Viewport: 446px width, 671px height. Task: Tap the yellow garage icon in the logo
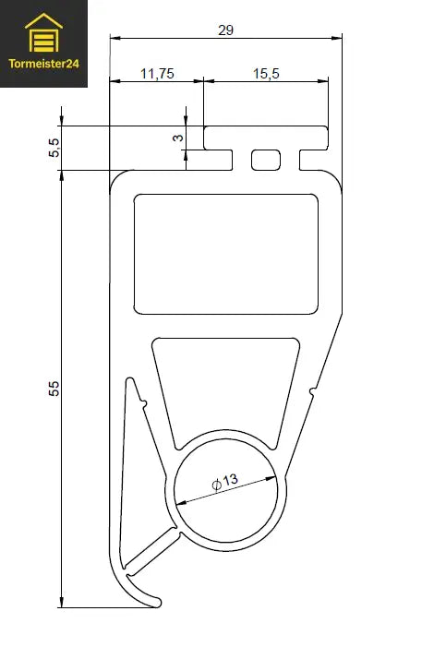(x=43, y=36)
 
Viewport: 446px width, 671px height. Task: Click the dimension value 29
(x=225, y=30)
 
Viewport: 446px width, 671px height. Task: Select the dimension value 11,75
(x=156, y=74)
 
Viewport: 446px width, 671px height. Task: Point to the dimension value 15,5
(x=265, y=74)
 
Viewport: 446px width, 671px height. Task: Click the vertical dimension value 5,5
(x=54, y=148)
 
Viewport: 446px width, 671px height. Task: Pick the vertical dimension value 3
(x=178, y=138)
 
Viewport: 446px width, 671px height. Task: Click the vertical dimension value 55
(x=54, y=389)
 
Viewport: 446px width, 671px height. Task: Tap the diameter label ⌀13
(x=224, y=481)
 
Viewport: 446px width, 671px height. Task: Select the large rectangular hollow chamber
(x=226, y=253)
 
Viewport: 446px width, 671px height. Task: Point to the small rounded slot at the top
(x=266, y=160)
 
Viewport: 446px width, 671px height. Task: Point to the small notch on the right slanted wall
(x=313, y=393)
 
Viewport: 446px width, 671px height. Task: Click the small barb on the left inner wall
(x=143, y=402)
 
